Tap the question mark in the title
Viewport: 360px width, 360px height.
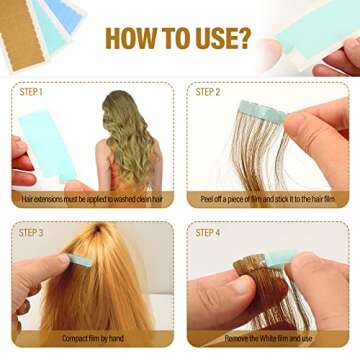242,40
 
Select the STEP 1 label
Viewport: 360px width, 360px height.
33,92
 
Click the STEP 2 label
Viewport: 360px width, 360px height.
208,92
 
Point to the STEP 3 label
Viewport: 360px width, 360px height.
33,232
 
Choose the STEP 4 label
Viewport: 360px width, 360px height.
208,232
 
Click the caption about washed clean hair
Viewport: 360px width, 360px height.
92,199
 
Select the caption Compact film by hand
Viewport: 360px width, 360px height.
92,338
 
